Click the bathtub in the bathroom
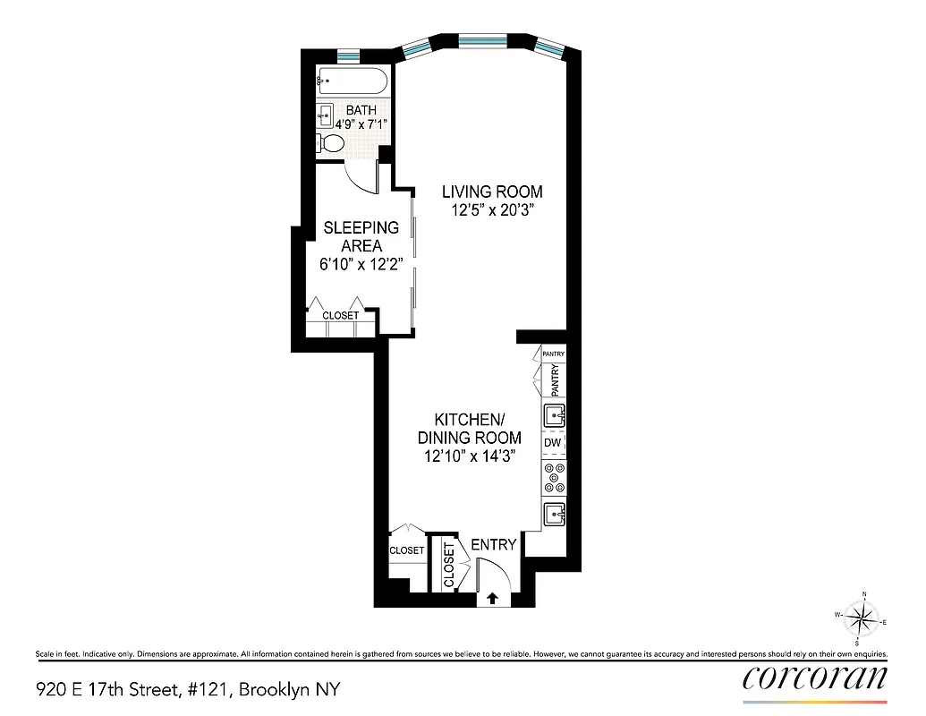[352, 82]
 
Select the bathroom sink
[325, 114]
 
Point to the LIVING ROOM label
[492, 192]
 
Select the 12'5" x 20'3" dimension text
[492, 211]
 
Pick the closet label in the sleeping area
[340, 315]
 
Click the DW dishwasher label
[552, 442]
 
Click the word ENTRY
[493, 544]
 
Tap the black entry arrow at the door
[491, 599]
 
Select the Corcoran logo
[815, 677]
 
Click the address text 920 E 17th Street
[188, 689]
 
